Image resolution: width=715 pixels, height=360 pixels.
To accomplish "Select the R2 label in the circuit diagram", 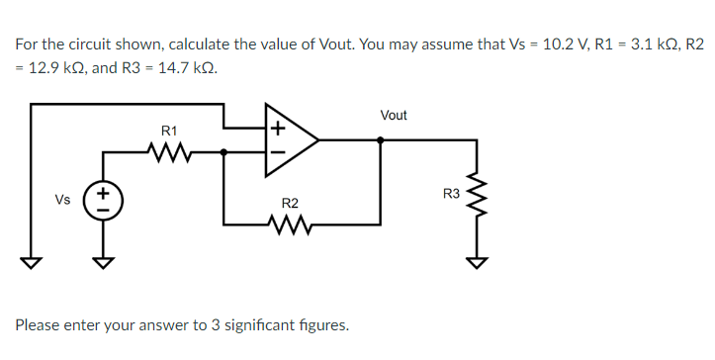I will click(290, 203).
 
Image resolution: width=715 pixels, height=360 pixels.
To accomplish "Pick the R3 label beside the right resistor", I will click(451, 193).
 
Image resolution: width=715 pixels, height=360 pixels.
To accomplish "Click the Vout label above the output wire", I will click(393, 116).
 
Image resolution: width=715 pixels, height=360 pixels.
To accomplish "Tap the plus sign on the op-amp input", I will click(277, 127).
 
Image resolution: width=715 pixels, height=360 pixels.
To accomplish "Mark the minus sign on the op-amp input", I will click(277, 152).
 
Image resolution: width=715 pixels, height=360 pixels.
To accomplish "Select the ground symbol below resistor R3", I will click(478, 262).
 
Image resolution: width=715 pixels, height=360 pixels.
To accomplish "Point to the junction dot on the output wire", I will click(383, 139).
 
